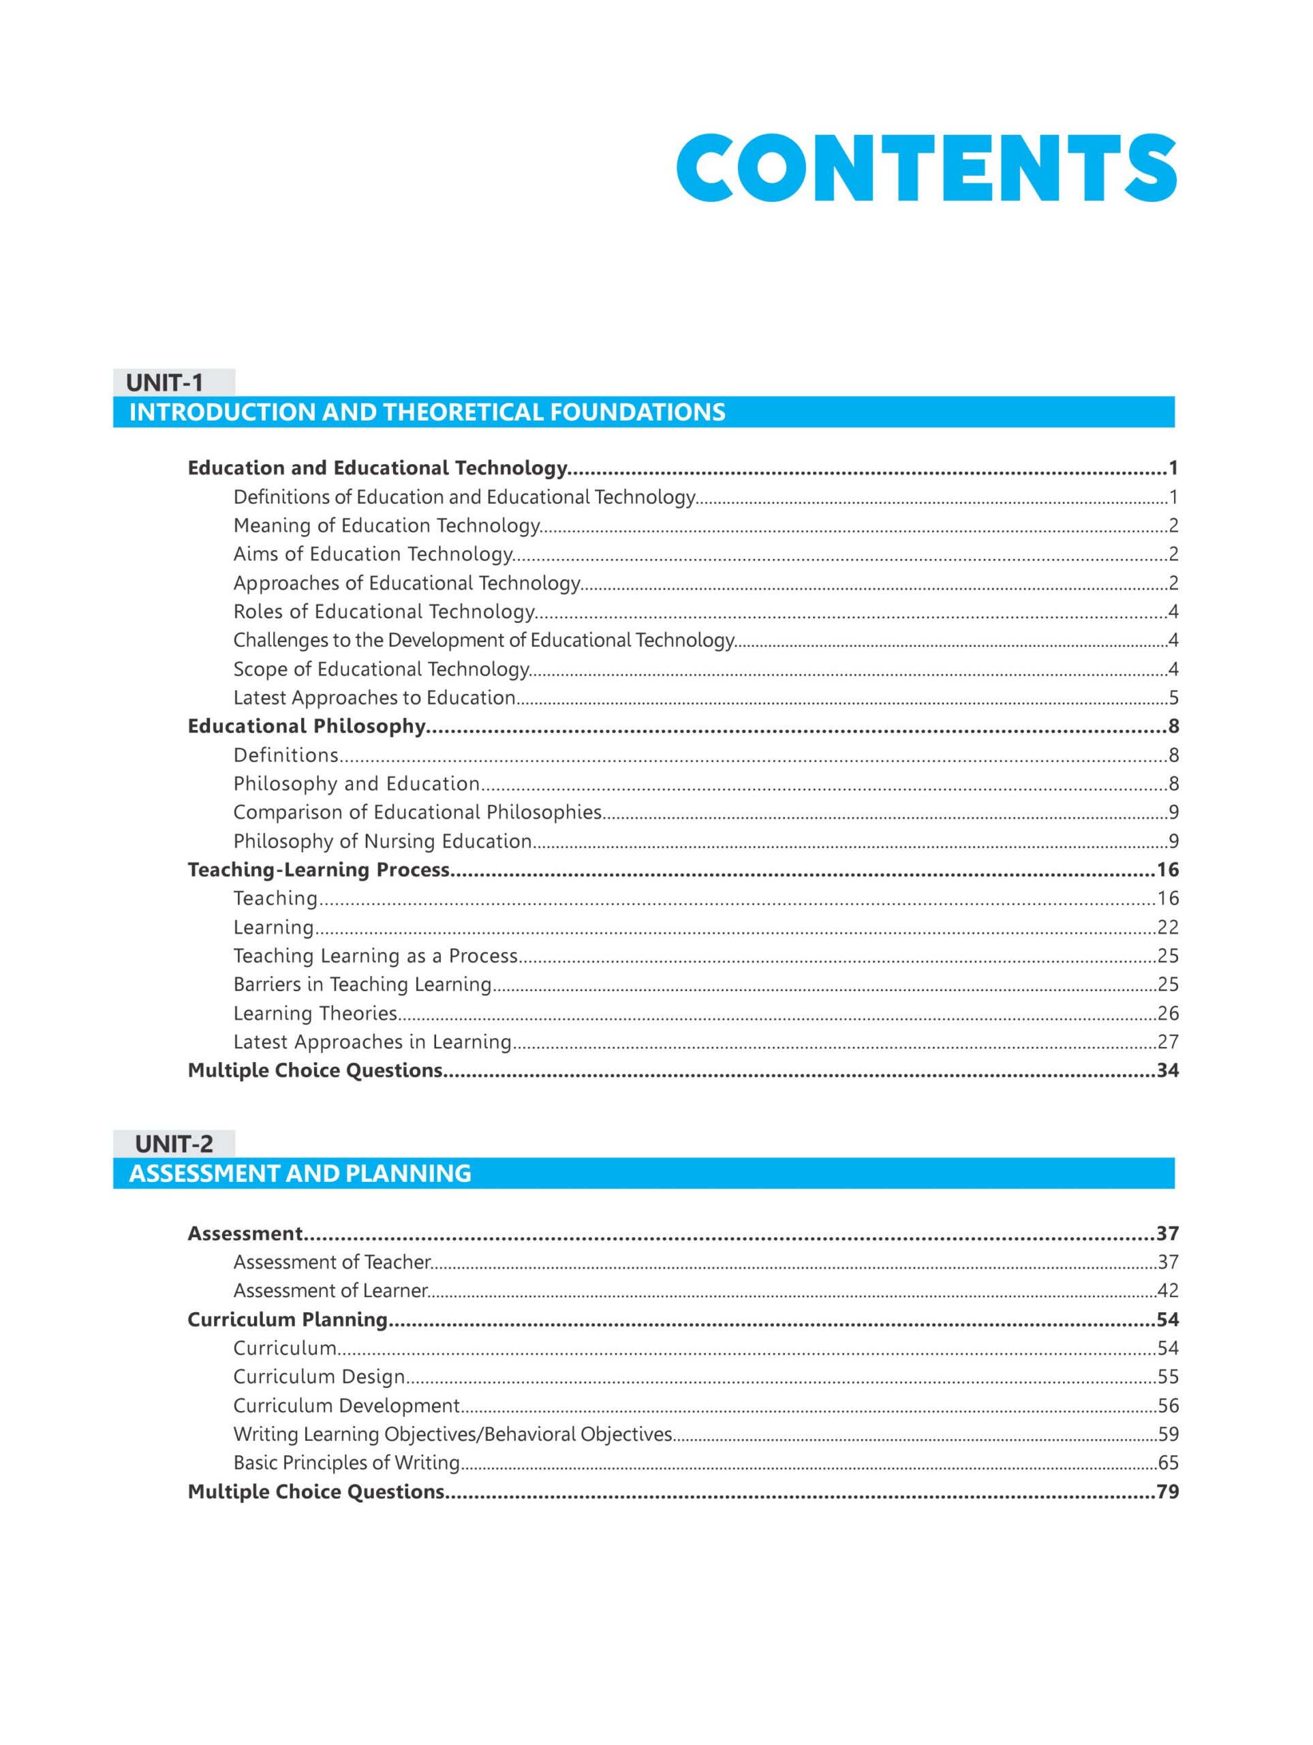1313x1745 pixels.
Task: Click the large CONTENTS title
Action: coord(926,169)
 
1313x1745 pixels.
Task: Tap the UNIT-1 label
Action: coord(165,382)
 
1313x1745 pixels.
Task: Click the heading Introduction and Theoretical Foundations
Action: coord(427,412)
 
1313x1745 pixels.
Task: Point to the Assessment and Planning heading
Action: coord(300,1173)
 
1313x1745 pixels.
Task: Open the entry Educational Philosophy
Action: coord(307,726)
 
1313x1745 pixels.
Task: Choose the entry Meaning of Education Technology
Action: coord(386,526)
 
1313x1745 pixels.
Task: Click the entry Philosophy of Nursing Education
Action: coord(382,841)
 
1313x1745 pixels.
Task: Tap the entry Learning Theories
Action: coord(315,1013)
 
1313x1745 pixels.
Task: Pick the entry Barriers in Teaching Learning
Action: coord(362,984)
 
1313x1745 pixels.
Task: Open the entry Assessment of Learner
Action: coord(330,1290)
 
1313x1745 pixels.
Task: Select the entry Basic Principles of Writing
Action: coord(346,1463)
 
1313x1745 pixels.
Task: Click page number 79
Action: coord(1167,1491)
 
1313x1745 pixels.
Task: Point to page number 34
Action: coord(1167,1070)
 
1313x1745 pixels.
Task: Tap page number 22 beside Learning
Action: coord(1167,927)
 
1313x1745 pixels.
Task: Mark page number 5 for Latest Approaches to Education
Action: coord(1173,697)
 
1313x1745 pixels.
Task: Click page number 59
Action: coord(1167,1434)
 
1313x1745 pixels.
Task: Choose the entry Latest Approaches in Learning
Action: coord(372,1042)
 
